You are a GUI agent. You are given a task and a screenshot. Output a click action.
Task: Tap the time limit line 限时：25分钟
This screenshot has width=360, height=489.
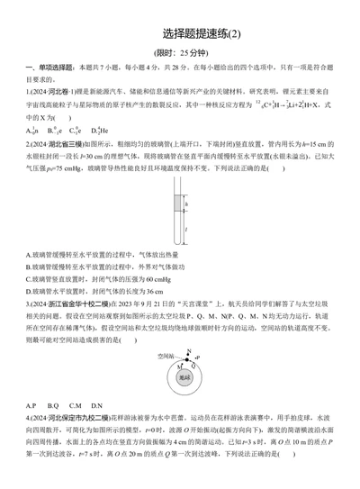(180, 54)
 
